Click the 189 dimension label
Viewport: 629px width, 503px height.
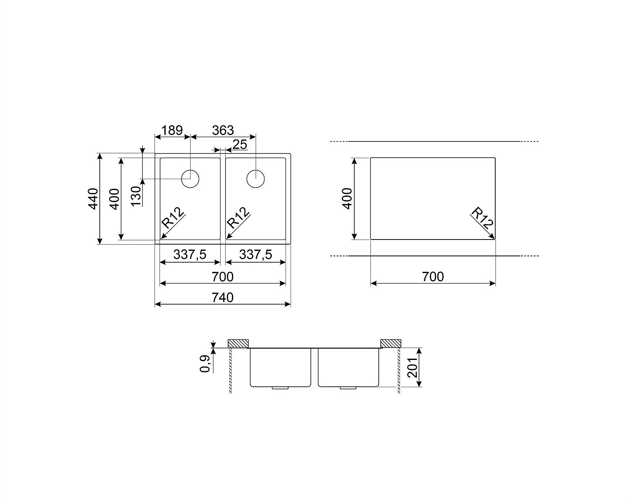tap(172, 130)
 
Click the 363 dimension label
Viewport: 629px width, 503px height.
tap(223, 130)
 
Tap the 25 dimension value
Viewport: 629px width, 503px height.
tap(240, 144)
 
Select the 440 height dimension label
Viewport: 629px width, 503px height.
tap(93, 199)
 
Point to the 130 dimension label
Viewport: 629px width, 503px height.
tap(136, 195)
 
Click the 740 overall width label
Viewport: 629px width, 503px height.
tap(223, 297)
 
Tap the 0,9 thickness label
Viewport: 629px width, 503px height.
tap(205, 364)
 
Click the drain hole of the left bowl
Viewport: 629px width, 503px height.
tap(190, 179)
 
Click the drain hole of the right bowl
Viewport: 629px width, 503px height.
tap(255, 179)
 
